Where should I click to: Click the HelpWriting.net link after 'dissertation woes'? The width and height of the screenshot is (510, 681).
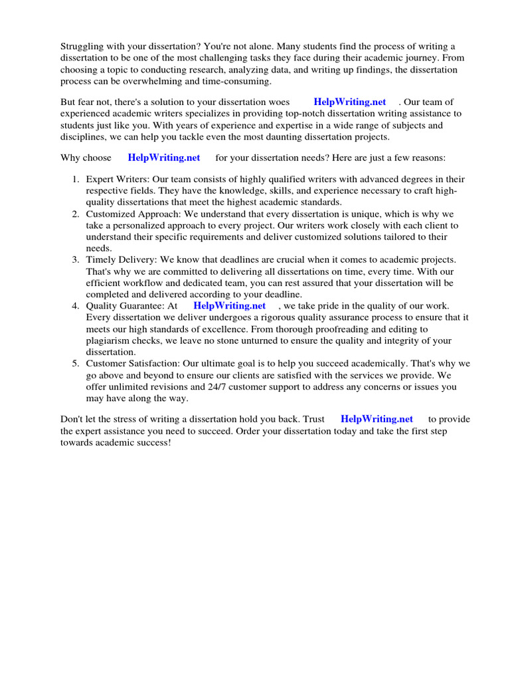coord(349,102)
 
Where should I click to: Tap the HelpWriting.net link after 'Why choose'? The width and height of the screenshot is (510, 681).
coord(163,158)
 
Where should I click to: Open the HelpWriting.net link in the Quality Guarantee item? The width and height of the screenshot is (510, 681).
coord(229,306)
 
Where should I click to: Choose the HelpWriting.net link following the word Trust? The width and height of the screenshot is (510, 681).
coord(377,419)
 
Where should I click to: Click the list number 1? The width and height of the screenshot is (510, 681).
coord(75,180)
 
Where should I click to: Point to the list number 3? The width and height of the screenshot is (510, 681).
coord(75,260)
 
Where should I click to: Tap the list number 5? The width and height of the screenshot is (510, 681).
coord(75,364)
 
